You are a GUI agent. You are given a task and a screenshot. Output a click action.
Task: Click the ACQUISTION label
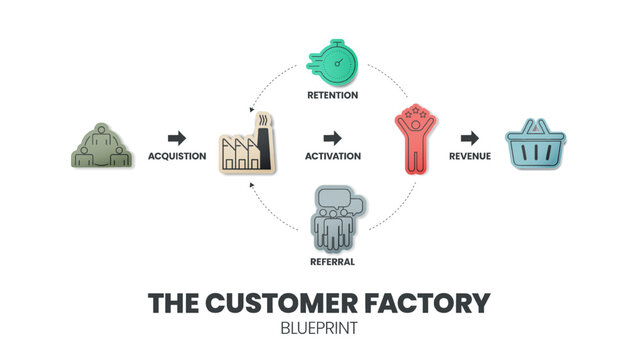[177, 156]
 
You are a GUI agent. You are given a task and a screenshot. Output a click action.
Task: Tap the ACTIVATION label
[333, 156]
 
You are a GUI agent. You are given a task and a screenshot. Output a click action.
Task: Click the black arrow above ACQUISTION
[177, 137]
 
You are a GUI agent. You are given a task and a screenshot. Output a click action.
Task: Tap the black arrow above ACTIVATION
[333, 137]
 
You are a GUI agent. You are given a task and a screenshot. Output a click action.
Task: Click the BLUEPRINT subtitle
[319, 327]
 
